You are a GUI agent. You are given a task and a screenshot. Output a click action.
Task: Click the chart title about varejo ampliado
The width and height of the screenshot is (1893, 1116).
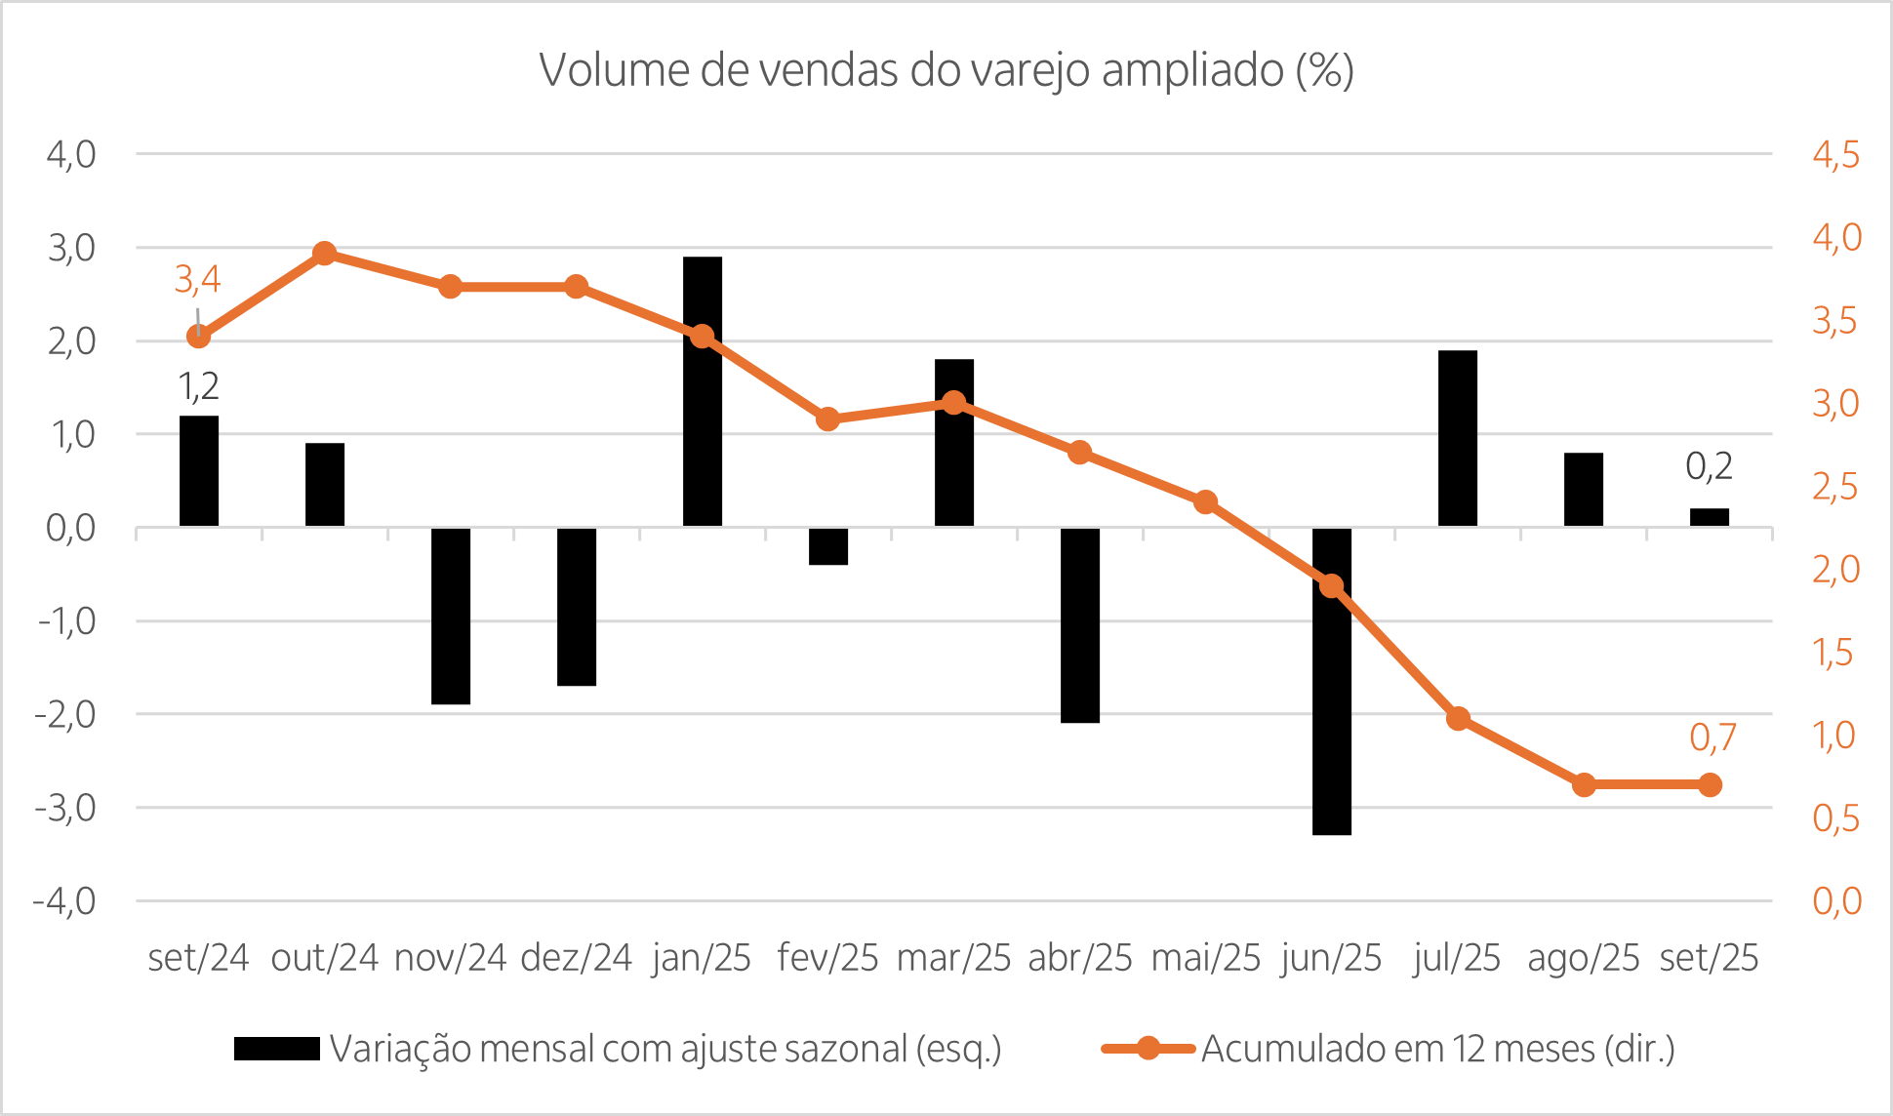coord(946,71)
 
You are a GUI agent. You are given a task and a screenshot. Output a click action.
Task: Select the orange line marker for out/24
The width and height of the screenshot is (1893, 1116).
coord(325,254)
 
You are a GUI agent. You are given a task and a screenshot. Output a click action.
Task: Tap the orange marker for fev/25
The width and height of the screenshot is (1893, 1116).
coord(827,419)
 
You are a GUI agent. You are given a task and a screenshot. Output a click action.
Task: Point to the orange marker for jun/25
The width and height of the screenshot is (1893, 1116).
coord(1332,585)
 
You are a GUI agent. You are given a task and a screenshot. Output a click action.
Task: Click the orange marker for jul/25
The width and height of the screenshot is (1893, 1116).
coord(1458,719)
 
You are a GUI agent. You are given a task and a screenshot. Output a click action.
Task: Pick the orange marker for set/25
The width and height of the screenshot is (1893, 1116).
coord(1710,784)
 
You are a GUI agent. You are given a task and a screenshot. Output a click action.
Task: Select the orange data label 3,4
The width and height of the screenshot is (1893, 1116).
coord(197,281)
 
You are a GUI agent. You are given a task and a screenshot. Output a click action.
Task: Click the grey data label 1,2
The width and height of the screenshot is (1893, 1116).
coord(198,387)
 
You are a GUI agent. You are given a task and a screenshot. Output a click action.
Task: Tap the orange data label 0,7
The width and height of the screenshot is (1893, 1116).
coord(1712,737)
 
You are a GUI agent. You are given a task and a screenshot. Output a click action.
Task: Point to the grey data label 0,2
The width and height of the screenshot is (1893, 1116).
coord(1709,467)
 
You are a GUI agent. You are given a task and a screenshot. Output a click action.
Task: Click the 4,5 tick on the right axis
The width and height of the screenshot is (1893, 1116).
coord(1835,155)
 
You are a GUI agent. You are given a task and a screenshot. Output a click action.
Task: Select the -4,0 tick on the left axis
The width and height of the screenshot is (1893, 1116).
coord(65,900)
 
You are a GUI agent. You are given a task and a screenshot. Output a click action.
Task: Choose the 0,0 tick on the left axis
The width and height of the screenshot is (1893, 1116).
coord(70,528)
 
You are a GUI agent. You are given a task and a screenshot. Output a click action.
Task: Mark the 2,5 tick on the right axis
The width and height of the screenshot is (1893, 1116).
coord(1835,487)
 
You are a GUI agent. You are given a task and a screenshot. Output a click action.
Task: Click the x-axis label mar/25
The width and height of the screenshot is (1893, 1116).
coord(953,959)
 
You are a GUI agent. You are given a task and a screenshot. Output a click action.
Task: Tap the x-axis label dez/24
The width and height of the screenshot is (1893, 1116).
coord(576,959)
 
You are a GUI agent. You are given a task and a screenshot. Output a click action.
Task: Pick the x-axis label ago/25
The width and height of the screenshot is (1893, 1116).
coord(1583,959)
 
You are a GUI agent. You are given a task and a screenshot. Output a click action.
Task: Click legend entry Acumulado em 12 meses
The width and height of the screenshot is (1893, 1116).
coord(1436,1050)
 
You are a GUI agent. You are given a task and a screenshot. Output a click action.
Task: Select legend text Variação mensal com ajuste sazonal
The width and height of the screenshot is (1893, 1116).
coord(665,1050)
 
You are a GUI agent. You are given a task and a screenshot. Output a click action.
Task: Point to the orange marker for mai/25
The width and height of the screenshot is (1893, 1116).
coord(1205,502)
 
